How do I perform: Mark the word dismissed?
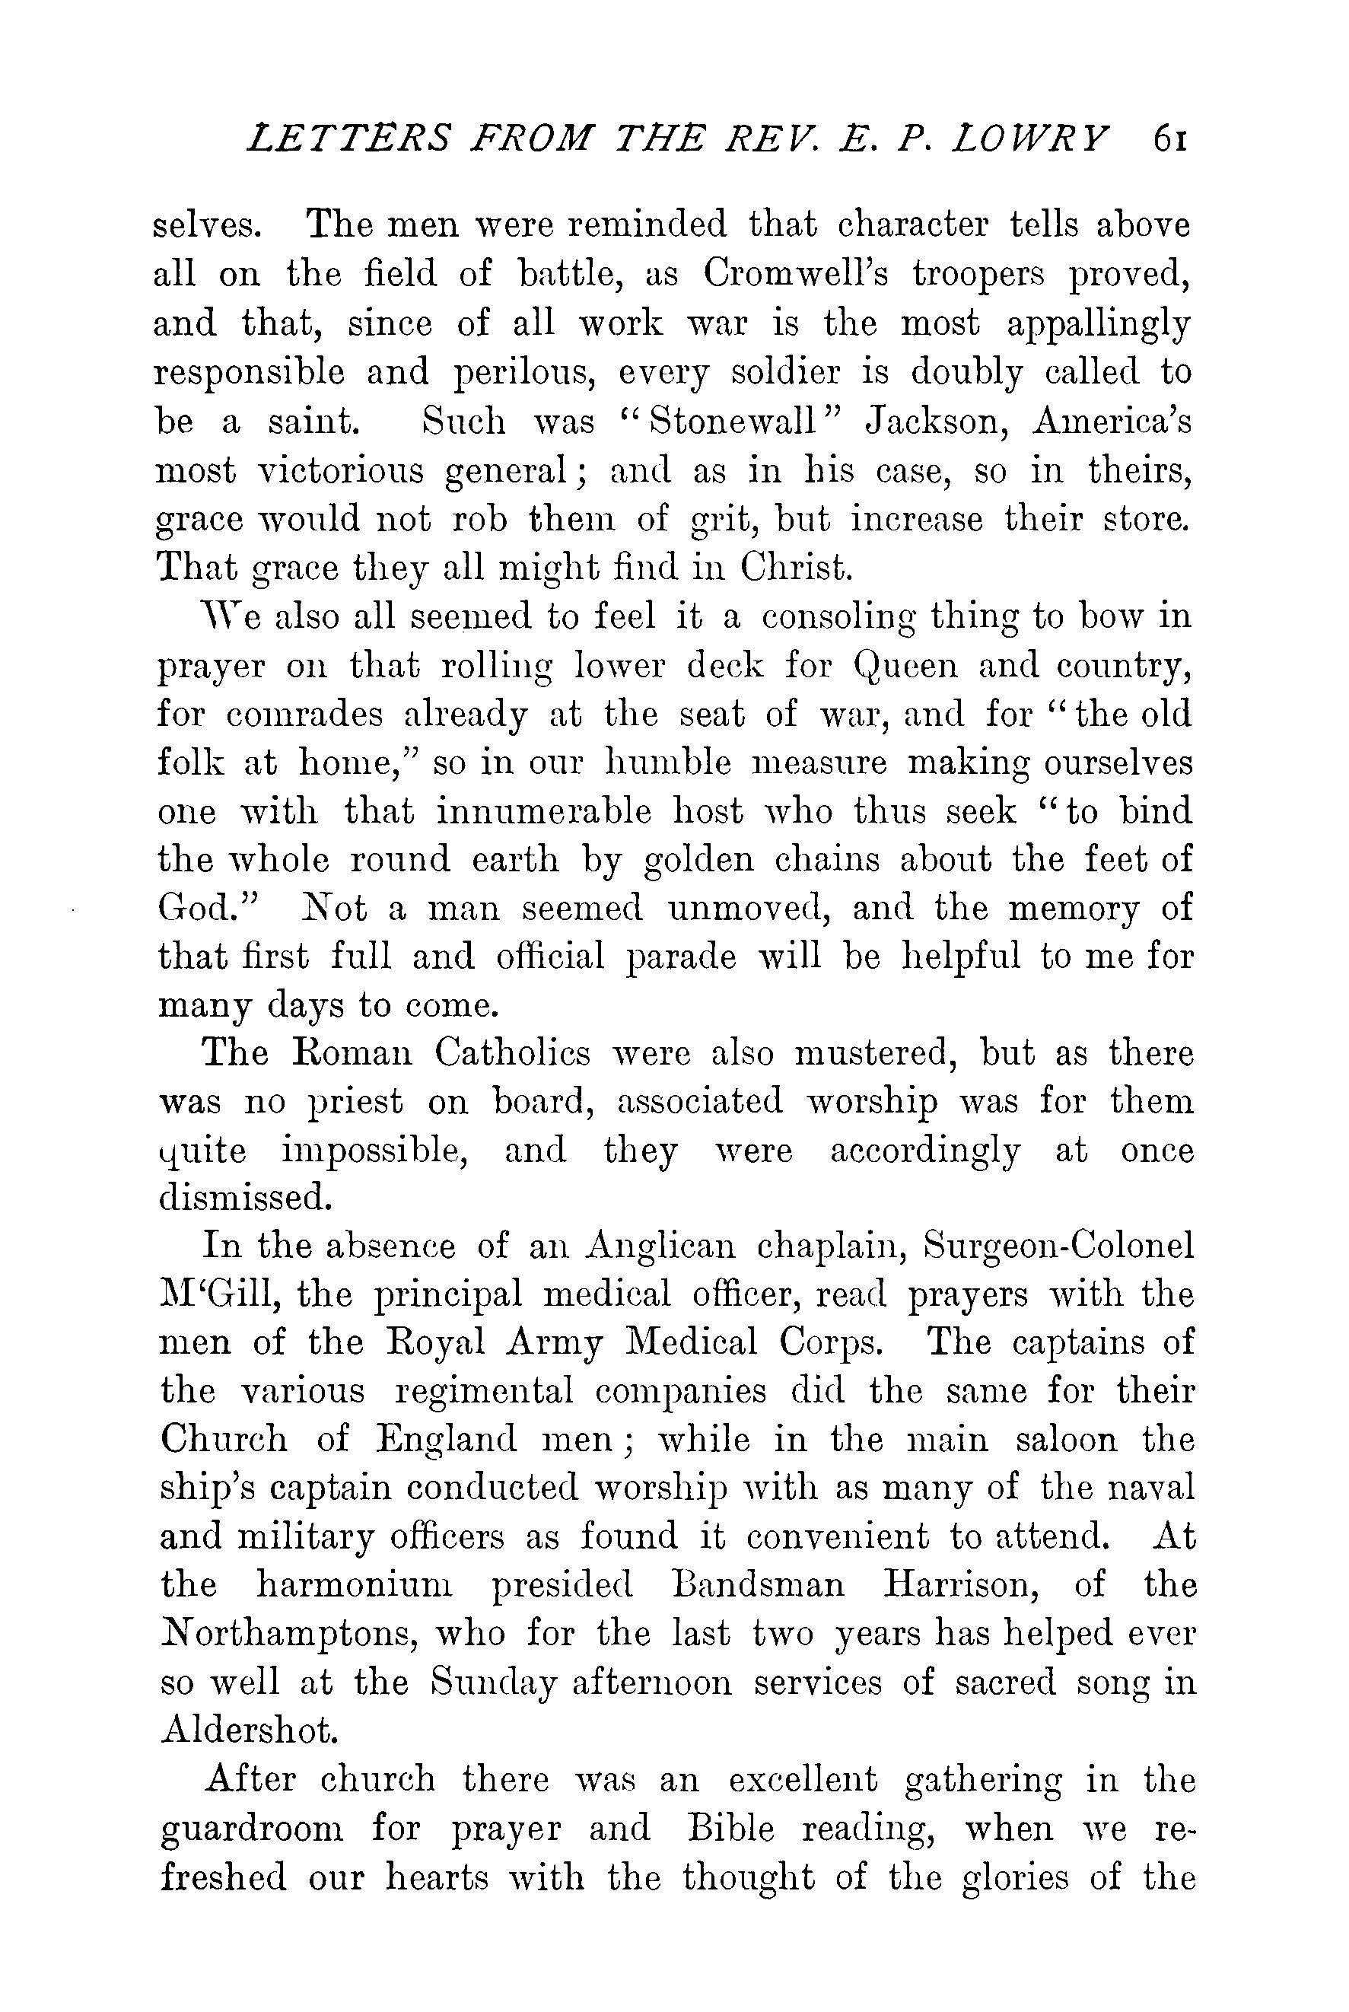[245, 1199]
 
